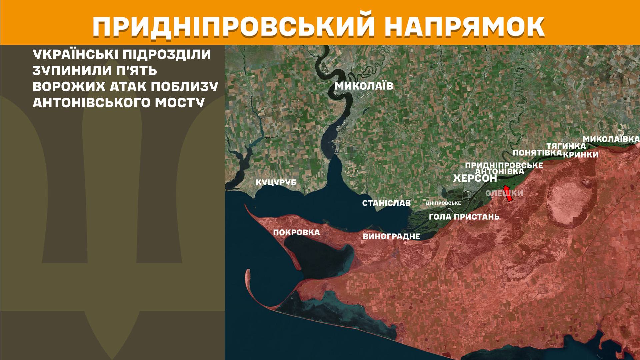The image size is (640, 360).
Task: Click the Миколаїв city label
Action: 364,86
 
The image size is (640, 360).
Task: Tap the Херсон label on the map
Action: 475,178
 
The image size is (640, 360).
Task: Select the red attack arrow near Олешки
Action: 508,193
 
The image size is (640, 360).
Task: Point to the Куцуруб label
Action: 276,183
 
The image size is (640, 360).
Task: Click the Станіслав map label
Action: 386,203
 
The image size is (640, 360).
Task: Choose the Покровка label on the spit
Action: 296,232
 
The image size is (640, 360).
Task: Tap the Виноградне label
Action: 391,237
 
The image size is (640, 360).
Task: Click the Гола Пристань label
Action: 464,217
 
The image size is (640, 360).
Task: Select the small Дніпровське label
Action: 443,203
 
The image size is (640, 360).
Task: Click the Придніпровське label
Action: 504,165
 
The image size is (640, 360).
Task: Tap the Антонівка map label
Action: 499,171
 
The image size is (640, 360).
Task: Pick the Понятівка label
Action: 537,153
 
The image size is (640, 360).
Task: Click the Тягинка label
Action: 566,146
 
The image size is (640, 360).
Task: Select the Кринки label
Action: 581,155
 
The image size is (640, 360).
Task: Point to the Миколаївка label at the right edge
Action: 611,139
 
